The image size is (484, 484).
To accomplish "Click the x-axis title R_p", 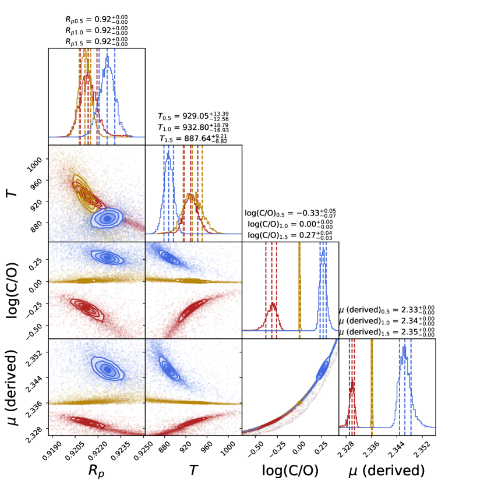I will [96, 470].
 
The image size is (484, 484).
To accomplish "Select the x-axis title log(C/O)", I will [289, 470].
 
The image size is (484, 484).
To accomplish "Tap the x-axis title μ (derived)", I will [387, 470].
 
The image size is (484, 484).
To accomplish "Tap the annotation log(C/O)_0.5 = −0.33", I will [290, 213].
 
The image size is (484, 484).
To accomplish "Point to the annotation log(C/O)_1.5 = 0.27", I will [290, 235].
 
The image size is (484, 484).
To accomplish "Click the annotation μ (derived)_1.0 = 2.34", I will [387, 321].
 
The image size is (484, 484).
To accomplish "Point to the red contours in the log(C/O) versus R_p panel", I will [85, 308].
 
